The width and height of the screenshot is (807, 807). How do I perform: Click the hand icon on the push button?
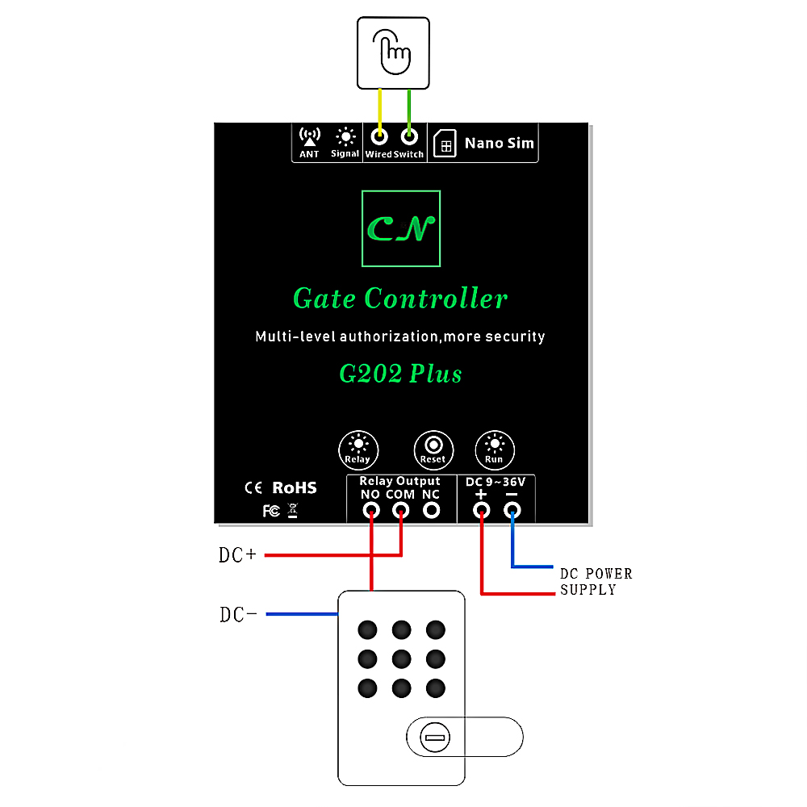point(394,50)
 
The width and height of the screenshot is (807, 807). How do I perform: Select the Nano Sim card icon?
point(444,144)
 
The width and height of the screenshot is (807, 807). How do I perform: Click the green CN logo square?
point(401,228)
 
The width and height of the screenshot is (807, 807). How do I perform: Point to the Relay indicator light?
point(358,445)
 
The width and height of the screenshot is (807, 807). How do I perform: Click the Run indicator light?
point(494,445)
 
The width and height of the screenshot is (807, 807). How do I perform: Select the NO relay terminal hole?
point(371,510)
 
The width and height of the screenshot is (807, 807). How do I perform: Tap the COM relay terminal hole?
point(401,510)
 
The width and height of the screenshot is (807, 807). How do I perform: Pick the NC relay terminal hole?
point(432,510)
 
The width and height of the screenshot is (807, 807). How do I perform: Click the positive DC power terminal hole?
point(482,510)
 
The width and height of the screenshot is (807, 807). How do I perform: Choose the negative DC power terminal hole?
point(512,510)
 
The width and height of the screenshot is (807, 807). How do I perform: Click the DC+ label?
point(237,555)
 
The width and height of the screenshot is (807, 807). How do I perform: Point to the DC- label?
point(238,615)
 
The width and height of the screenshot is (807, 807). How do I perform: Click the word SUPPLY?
point(588,590)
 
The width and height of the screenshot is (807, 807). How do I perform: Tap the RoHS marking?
point(295,487)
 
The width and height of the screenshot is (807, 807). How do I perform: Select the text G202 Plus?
point(400,374)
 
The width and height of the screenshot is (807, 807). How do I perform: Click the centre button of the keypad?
point(401,659)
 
